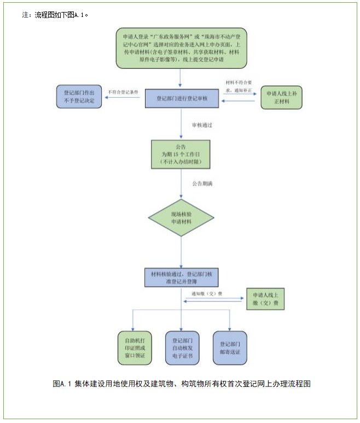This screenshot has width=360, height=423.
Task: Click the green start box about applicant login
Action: [181, 48]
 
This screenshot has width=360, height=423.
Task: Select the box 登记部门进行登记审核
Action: [181, 98]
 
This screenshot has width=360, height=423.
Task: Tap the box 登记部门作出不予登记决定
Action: [79, 97]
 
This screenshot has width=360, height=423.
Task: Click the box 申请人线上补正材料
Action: [281, 97]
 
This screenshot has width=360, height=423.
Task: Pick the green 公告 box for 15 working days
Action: [181, 155]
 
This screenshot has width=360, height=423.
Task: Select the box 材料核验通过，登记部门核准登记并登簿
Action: [181, 277]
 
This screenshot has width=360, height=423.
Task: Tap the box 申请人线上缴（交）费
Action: [266, 301]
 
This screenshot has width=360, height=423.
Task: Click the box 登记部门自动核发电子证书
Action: [182, 348]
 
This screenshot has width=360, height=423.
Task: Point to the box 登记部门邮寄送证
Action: [230, 348]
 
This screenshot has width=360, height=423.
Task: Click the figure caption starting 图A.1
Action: [182, 384]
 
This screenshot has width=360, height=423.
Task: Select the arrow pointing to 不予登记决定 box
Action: [123, 98]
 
